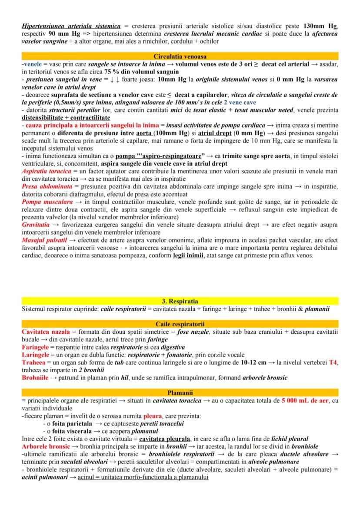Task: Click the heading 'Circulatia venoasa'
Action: pyautogui.click(x=180, y=57)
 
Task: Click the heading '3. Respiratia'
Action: pyautogui.click(x=180, y=301)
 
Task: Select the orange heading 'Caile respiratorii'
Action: pyautogui.click(x=180, y=324)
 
